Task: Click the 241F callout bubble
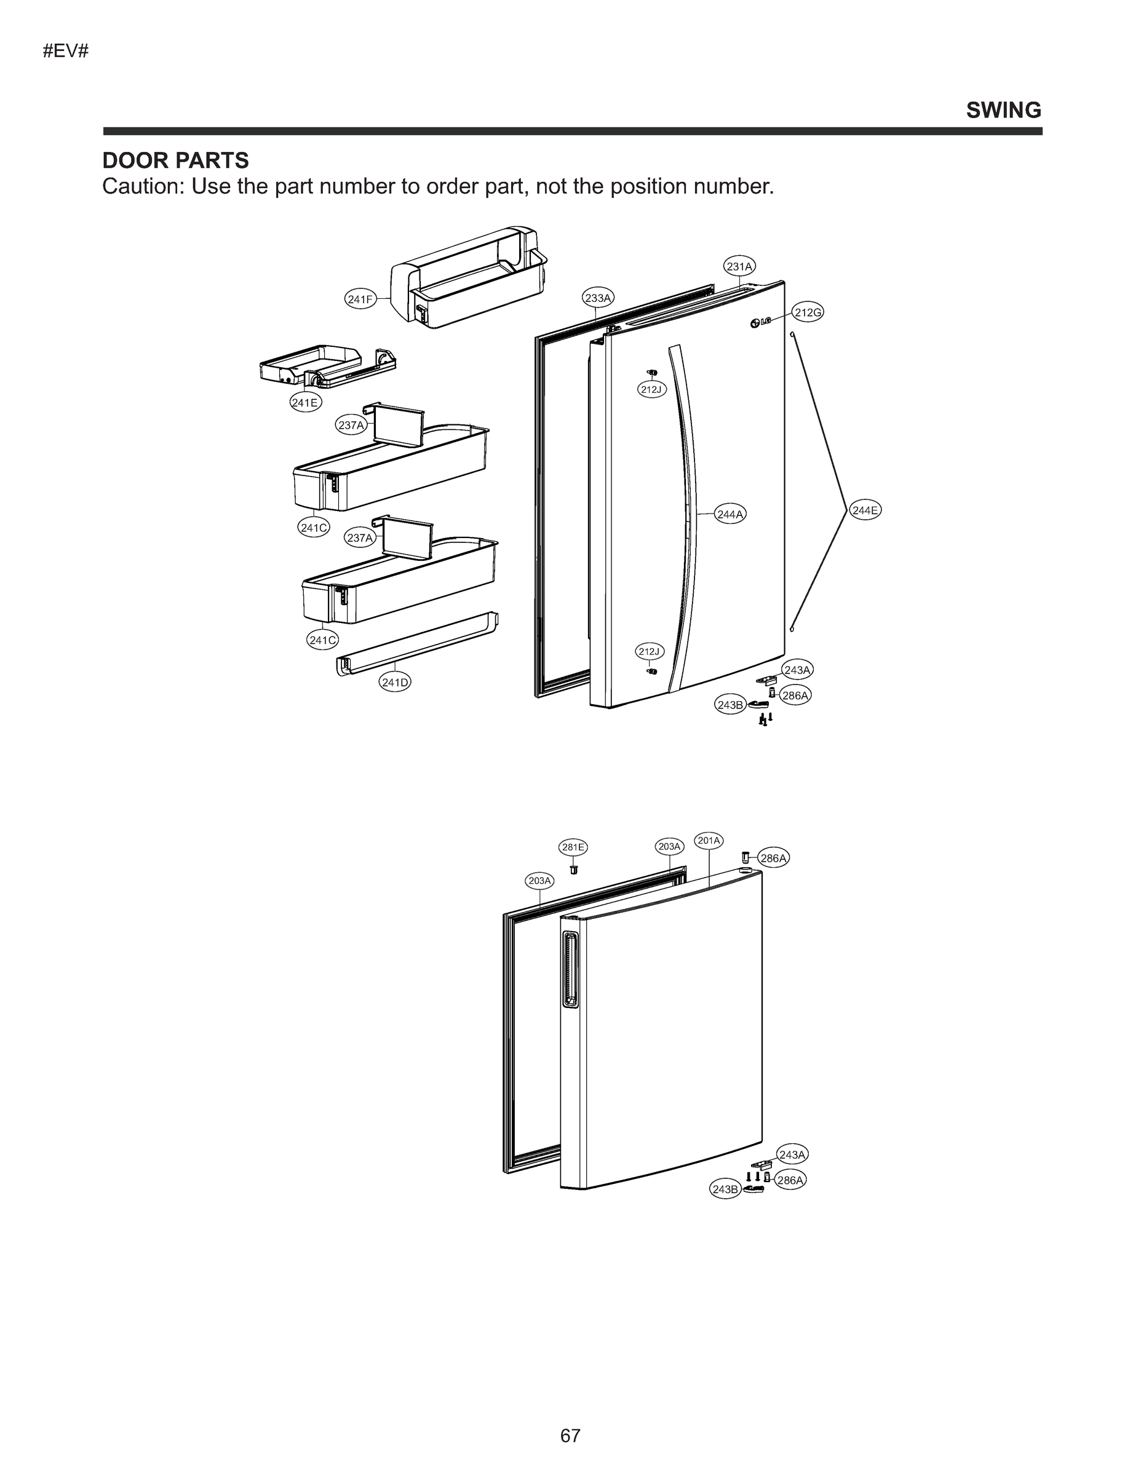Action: pyautogui.click(x=360, y=299)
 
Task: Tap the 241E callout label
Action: pyautogui.click(x=306, y=403)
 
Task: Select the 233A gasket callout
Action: pyautogui.click(x=597, y=298)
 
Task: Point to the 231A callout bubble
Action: pyautogui.click(x=739, y=266)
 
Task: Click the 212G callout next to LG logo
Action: pyautogui.click(x=807, y=312)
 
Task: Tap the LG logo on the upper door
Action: pyautogui.click(x=760, y=322)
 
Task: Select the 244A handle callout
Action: pyautogui.click(x=730, y=514)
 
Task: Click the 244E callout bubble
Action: pyautogui.click(x=865, y=510)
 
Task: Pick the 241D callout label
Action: pyautogui.click(x=395, y=682)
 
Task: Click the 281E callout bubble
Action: pyautogui.click(x=573, y=847)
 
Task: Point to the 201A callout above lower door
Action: pyautogui.click(x=709, y=840)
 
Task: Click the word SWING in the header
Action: pyautogui.click(x=1003, y=110)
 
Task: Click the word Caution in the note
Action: pyautogui.click(x=142, y=186)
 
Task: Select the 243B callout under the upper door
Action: pyautogui.click(x=730, y=705)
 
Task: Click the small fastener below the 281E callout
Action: pyautogui.click(x=573, y=868)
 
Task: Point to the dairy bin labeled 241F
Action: pyautogui.click(x=466, y=277)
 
